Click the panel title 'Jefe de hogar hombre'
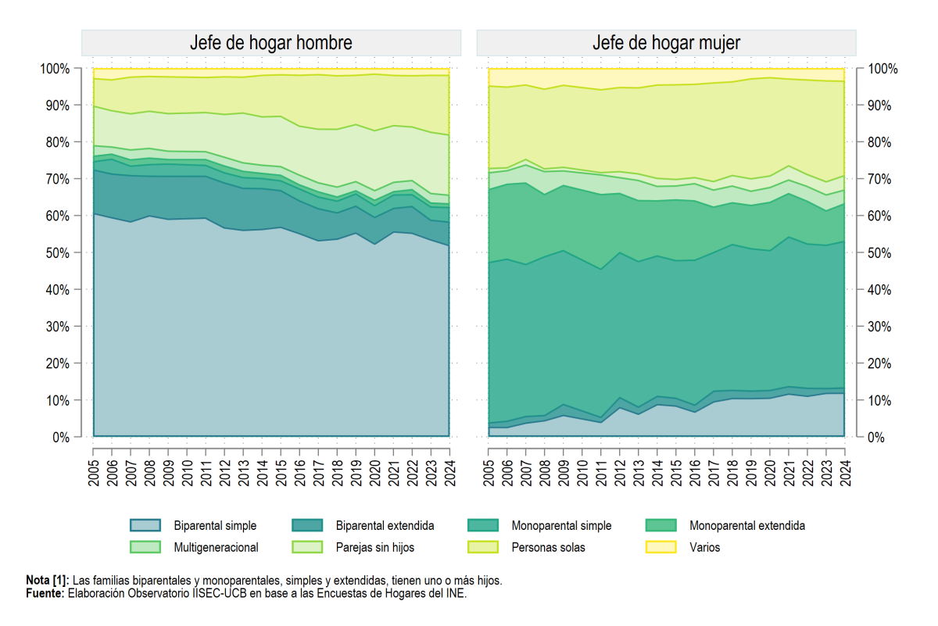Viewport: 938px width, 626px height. point(271,43)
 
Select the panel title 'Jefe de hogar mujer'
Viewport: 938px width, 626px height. point(666,43)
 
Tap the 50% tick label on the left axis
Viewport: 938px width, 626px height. point(58,253)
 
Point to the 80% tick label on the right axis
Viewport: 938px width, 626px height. point(879,142)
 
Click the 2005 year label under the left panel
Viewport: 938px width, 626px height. point(93,473)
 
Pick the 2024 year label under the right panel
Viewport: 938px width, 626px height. point(846,473)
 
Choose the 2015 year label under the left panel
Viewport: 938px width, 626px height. point(281,473)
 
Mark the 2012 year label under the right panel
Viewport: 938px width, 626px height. point(620,473)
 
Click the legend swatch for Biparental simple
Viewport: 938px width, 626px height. point(145,525)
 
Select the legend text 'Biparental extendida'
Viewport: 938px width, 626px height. point(385,525)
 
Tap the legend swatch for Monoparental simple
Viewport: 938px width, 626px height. point(483,525)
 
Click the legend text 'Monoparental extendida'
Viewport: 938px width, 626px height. point(747,525)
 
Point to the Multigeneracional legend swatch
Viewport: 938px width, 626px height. point(145,547)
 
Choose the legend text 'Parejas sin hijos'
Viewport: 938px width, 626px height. point(374,547)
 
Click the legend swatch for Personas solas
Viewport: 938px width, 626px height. point(483,547)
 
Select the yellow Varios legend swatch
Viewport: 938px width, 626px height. point(661,547)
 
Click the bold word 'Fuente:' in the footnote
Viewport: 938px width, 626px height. point(45,593)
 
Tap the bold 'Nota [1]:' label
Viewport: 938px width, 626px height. point(48,580)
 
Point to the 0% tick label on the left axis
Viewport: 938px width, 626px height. point(61,438)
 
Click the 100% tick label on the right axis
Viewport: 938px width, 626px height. point(883,69)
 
